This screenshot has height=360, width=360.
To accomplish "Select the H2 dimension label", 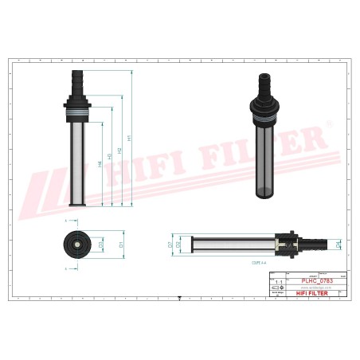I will [120, 150].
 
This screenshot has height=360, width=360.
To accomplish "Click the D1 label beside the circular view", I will [120, 244].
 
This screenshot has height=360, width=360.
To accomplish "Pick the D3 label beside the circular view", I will [101, 244].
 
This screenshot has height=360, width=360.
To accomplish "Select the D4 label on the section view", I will [338, 244].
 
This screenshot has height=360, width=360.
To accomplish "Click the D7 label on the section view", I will [170, 244].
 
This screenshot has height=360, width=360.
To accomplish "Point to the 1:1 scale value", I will [278, 281].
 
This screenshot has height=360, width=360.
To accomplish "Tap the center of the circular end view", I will [78, 244].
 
